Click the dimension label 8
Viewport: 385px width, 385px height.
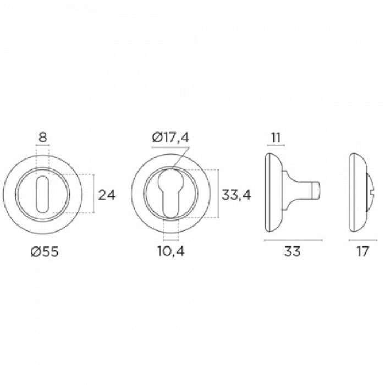(42, 137)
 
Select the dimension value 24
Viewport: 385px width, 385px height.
(107, 195)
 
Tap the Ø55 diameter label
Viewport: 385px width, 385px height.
(45, 252)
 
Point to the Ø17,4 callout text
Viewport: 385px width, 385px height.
(170, 137)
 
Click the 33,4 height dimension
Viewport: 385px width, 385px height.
(236, 195)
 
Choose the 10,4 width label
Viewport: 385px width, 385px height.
(171, 252)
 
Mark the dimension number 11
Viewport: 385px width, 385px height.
(276, 137)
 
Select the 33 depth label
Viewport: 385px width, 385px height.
(293, 252)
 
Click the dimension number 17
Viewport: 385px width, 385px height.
(362, 252)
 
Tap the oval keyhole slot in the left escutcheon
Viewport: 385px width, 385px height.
(42, 194)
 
